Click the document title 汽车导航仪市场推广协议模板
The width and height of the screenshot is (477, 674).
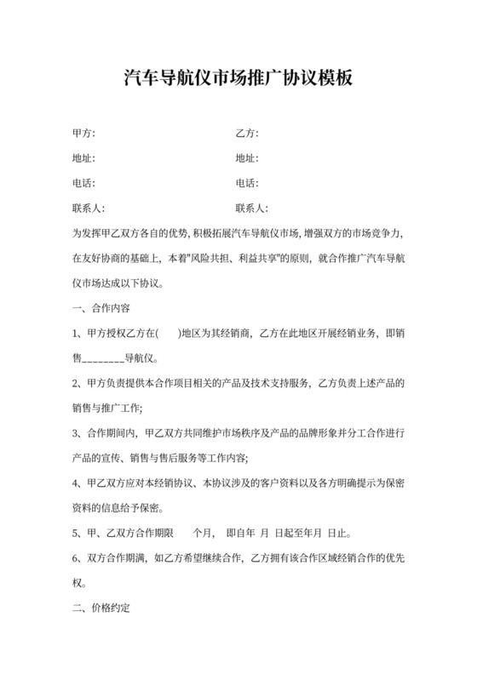pyautogui.click(x=238, y=79)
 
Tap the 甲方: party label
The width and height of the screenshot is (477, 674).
pyautogui.click(x=83, y=134)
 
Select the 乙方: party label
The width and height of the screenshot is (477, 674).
pyautogui.click(x=246, y=134)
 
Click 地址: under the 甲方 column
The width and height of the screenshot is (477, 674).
pyautogui.click(x=83, y=158)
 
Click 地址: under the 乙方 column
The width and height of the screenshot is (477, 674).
pyautogui.click(x=246, y=158)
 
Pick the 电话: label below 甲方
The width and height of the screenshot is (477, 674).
pyautogui.click(x=83, y=183)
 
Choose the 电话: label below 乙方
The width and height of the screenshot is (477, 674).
pyautogui.click(x=246, y=183)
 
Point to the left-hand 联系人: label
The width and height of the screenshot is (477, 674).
pyautogui.click(x=89, y=208)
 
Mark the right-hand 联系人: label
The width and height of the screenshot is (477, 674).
pyautogui.click(x=251, y=208)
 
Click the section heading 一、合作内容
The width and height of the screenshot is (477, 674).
pyautogui.click(x=101, y=306)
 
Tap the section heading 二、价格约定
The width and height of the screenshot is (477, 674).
pyautogui.click(x=101, y=609)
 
